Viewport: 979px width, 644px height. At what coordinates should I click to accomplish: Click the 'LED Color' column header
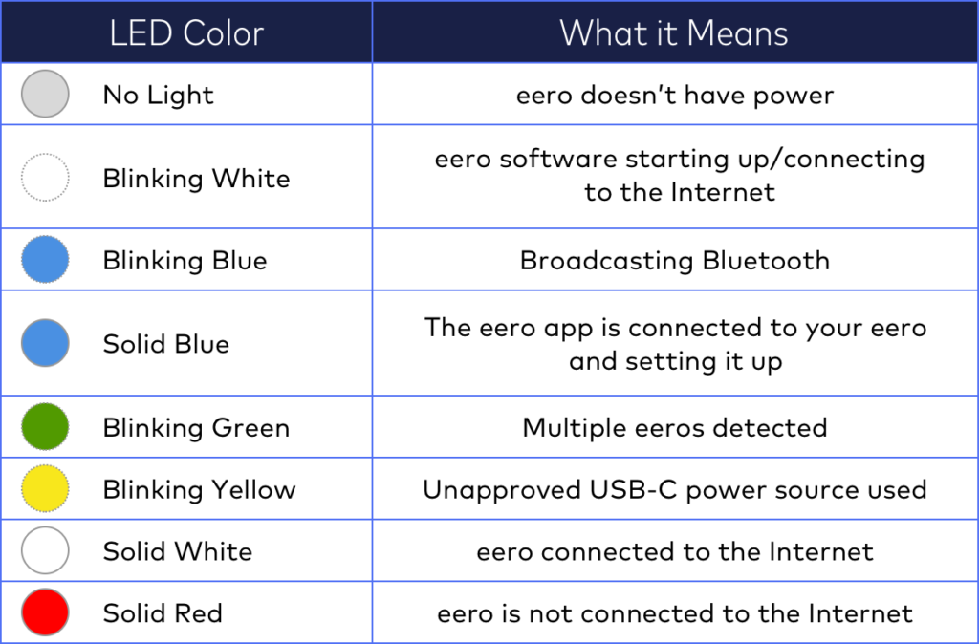pyautogui.click(x=186, y=34)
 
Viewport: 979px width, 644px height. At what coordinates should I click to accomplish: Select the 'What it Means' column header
pyautogui.click(x=674, y=34)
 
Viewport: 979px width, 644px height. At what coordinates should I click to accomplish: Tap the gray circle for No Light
pyautogui.click(x=45, y=95)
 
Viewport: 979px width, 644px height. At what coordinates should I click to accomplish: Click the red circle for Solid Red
pyautogui.click(x=45, y=612)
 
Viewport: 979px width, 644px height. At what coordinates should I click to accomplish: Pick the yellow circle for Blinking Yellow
pyautogui.click(x=45, y=489)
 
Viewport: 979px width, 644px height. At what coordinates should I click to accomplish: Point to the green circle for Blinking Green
pyautogui.click(x=45, y=427)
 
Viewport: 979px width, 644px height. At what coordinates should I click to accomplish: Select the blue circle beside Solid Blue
pyautogui.click(x=45, y=343)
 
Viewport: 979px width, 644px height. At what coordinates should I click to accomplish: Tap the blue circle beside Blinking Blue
pyautogui.click(x=45, y=260)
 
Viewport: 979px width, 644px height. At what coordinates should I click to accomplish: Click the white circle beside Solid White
pyautogui.click(x=45, y=551)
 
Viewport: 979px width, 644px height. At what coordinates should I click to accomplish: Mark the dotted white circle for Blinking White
pyautogui.click(x=45, y=178)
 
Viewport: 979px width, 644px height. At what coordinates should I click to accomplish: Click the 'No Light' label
pyautogui.click(x=159, y=95)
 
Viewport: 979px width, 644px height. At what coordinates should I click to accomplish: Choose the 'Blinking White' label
pyautogui.click(x=196, y=179)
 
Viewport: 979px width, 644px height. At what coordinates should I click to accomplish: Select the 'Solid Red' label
pyautogui.click(x=163, y=612)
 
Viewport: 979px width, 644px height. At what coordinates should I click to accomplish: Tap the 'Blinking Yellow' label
pyautogui.click(x=200, y=490)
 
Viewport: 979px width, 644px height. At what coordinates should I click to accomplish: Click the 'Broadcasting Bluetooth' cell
pyautogui.click(x=674, y=260)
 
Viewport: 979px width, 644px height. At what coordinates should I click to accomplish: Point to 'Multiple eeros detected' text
pyautogui.click(x=674, y=427)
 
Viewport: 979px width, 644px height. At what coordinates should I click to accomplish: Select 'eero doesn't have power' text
pyautogui.click(x=674, y=95)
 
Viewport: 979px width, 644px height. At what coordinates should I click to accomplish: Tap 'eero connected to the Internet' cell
pyautogui.click(x=674, y=551)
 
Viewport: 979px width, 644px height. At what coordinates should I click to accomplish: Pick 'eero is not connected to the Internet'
pyautogui.click(x=674, y=612)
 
